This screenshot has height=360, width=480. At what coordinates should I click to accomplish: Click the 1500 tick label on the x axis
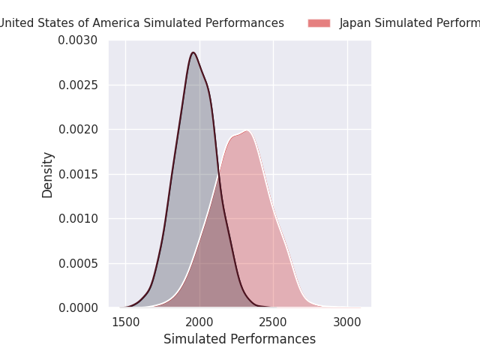click(x=125, y=322)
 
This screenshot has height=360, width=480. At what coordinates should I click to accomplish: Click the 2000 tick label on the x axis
click(x=199, y=322)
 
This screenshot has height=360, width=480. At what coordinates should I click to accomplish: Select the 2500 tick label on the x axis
click(x=273, y=322)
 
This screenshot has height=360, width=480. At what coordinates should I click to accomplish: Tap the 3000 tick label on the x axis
click(x=347, y=322)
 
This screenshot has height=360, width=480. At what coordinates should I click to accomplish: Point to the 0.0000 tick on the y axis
click(x=78, y=308)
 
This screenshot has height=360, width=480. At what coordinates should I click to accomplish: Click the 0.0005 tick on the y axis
click(x=78, y=263)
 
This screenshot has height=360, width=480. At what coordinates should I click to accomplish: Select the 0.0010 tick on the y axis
click(x=78, y=219)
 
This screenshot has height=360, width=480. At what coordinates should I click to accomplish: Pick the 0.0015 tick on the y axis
click(x=78, y=174)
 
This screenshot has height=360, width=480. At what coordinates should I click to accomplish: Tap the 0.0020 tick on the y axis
click(x=78, y=130)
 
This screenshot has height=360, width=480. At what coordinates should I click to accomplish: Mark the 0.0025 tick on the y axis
click(x=78, y=85)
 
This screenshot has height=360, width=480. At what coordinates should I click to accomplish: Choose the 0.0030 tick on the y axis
click(x=78, y=40)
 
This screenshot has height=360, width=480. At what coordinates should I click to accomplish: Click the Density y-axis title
click(x=48, y=174)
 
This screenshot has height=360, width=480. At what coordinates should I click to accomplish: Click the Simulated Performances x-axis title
click(x=239, y=339)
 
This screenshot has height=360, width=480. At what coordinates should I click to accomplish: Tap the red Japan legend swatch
click(x=319, y=23)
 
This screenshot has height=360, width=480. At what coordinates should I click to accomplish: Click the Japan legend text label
click(x=409, y=23)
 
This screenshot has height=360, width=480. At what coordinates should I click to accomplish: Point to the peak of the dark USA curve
click(x=193, y=52)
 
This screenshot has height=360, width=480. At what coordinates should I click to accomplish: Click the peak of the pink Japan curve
click(x=246, y=131)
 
